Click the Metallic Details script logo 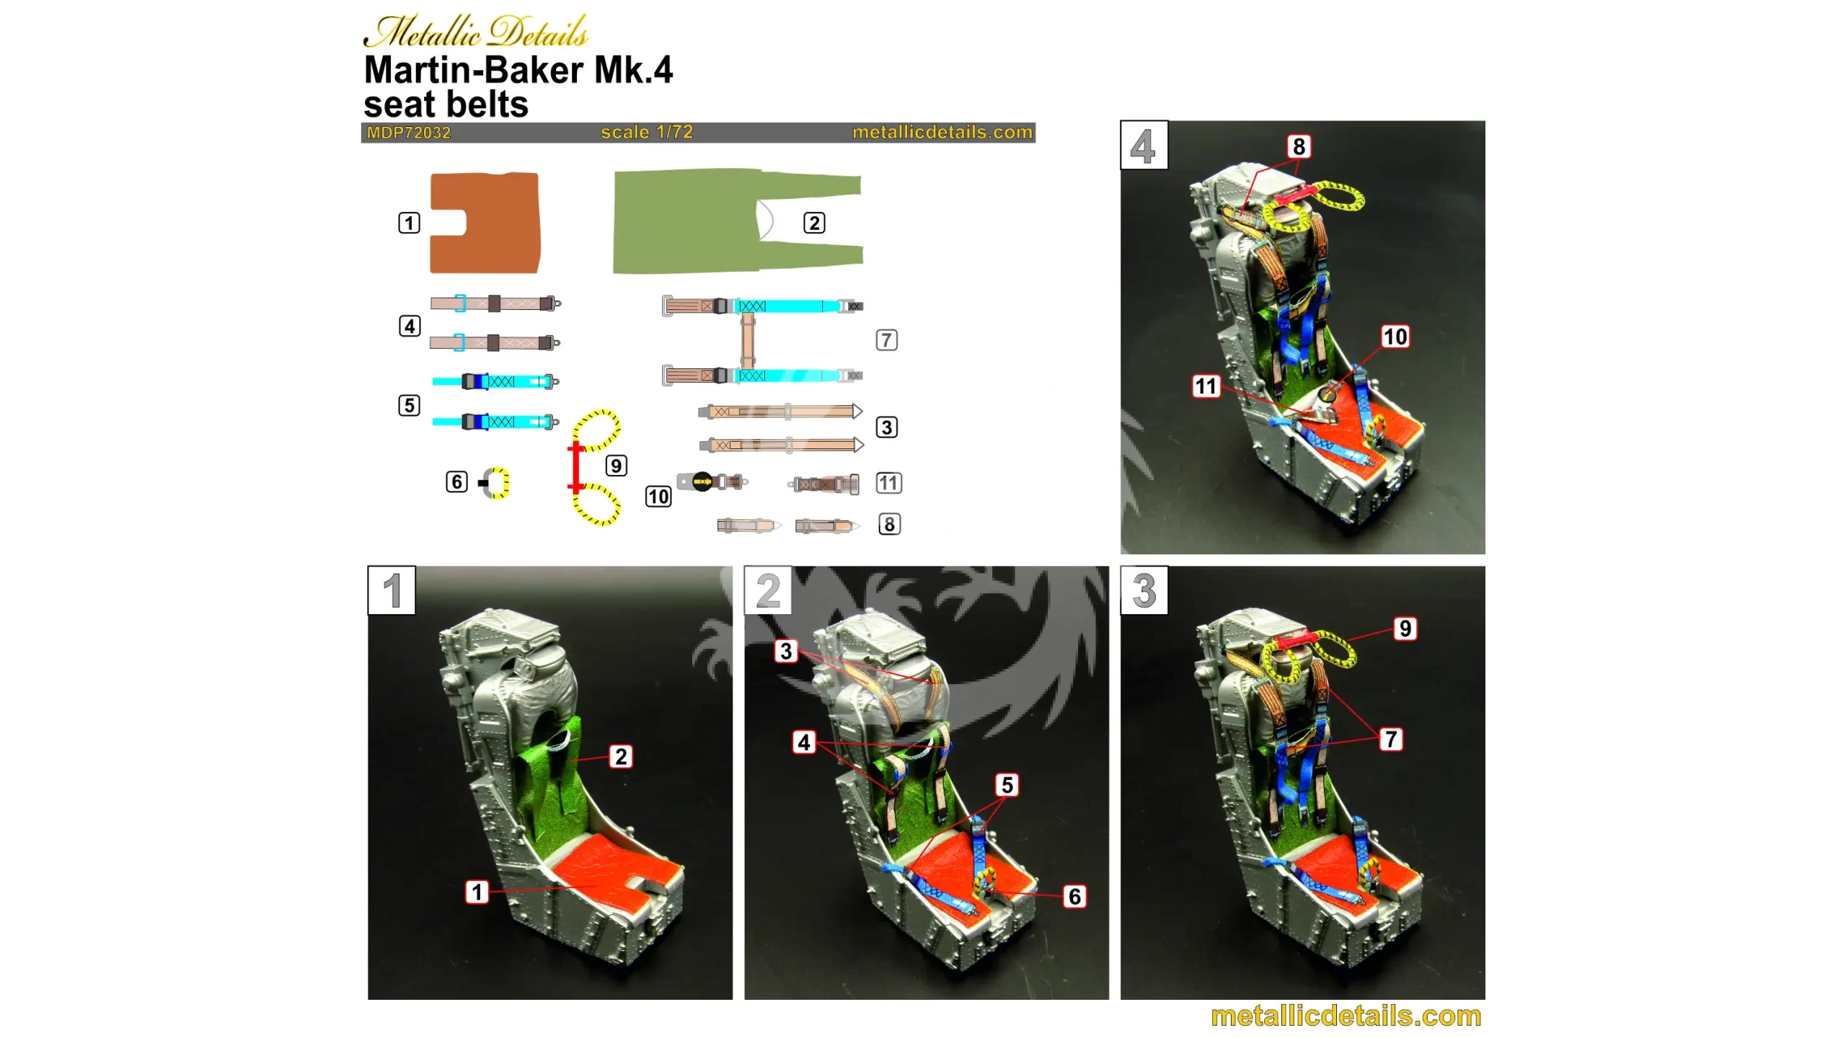(476, 32)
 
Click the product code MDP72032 (409, 133)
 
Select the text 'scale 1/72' (647, 132)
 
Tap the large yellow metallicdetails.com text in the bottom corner (1346, 1016)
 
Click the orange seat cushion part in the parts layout (485, 223)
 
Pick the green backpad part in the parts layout (737, 221)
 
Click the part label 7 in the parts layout (886, 340)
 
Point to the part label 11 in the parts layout (888, 482)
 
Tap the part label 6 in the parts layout (456, 481)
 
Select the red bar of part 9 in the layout (575, 467)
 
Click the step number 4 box (1144, 146)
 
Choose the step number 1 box (392, 590)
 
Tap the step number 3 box (1144, 590)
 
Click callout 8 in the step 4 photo (1299, 146)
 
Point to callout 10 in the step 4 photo (1395, 337)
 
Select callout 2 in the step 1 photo (621, 756)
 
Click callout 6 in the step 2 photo (1074, 896)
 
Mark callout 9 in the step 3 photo (1405, 629)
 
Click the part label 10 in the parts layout (658, 496)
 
